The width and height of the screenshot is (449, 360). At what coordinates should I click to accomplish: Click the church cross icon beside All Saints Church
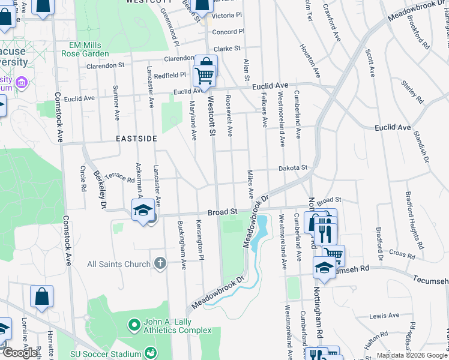160,263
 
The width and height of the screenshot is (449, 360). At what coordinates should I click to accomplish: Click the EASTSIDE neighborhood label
136,139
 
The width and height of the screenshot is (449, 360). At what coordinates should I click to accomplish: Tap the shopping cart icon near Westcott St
205,77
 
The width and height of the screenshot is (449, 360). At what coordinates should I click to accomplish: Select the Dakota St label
292,169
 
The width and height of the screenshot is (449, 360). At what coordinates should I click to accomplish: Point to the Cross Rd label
397,253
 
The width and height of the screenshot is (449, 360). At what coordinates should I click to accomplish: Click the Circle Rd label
83,179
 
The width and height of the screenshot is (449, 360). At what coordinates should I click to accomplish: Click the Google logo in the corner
20,353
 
